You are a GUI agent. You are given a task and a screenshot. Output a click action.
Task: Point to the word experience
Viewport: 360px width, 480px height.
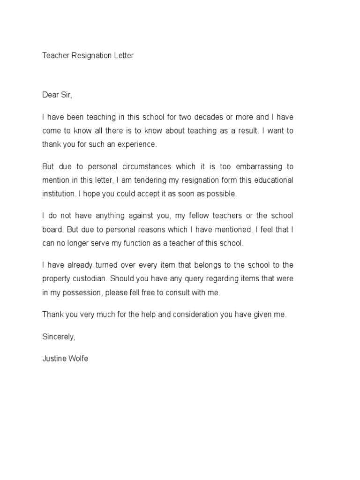tap(136, 144)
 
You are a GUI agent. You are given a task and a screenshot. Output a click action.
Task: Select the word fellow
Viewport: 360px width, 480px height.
tap(202, 216)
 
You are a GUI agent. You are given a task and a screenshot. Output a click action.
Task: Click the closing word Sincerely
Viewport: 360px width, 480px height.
tap(58, 337)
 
